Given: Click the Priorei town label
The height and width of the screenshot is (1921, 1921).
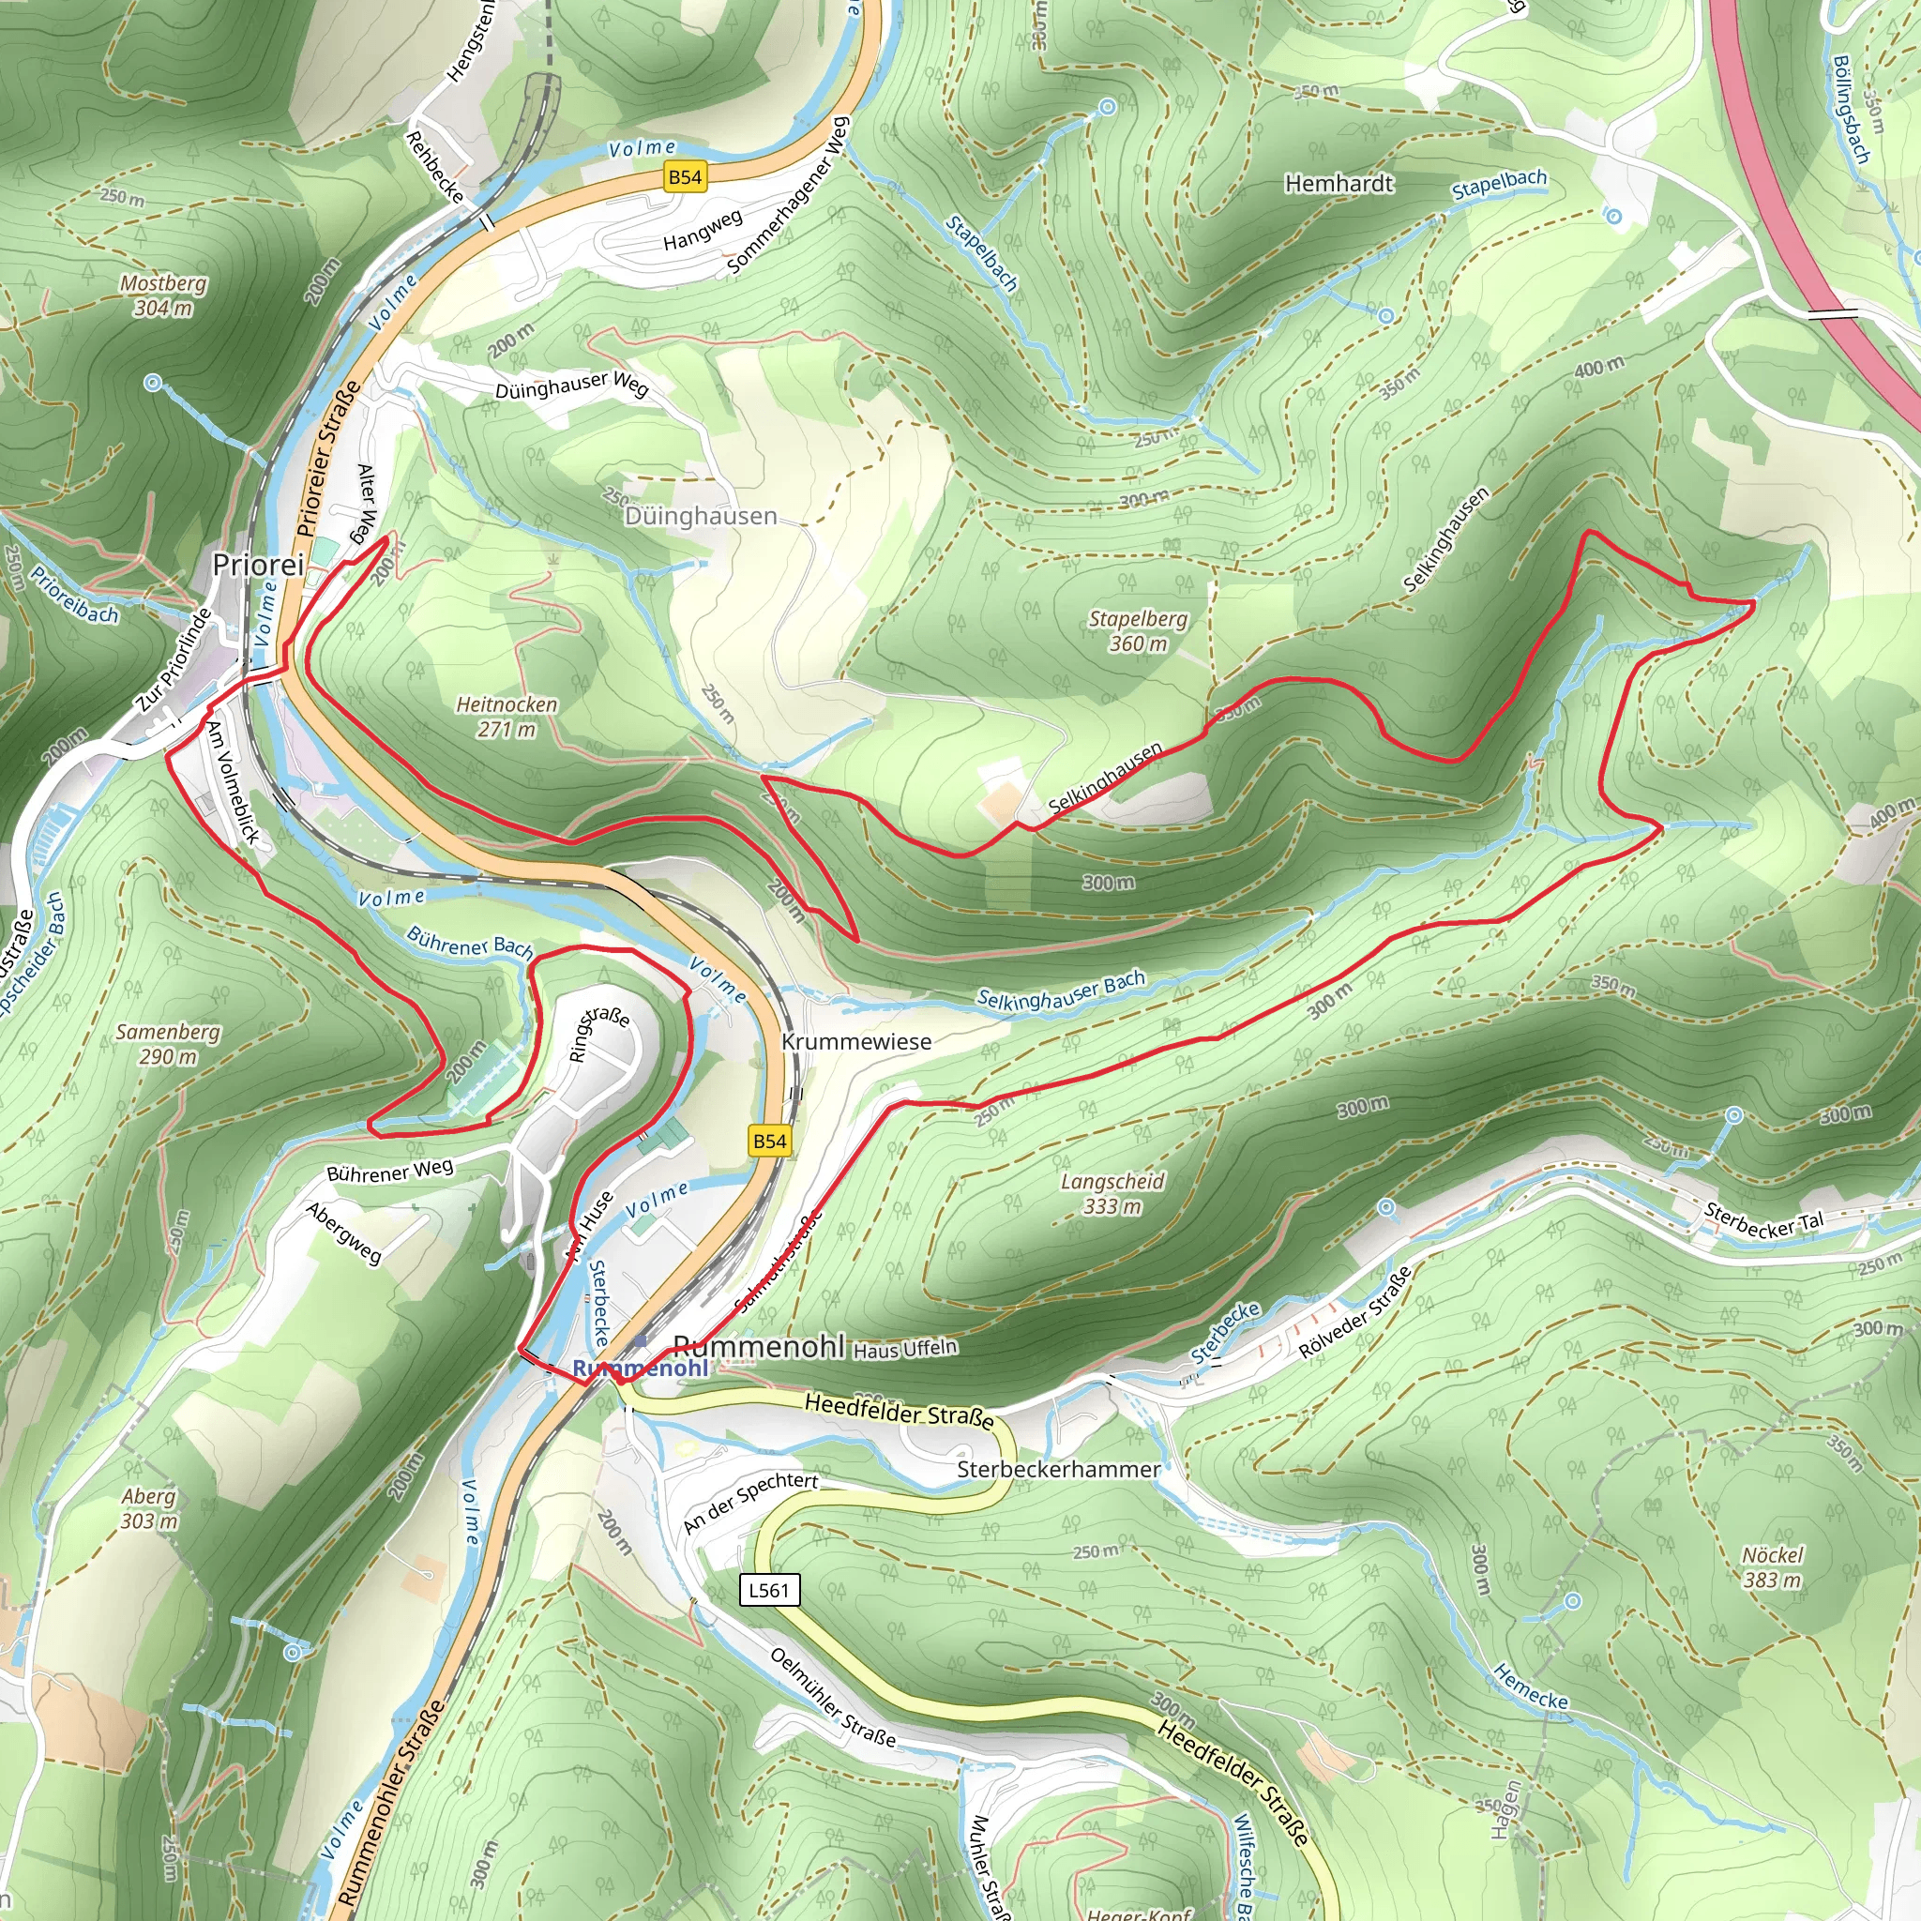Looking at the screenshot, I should click(x=258, y=565).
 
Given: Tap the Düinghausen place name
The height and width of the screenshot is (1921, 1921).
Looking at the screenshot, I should click(x=700, y=516).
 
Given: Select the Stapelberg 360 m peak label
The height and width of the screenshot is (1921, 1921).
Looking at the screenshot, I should click(x=1138, y=631).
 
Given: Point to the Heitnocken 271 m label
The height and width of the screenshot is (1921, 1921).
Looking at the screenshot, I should click(x=507, y=717).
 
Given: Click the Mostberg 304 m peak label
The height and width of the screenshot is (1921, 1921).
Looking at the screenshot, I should click(x=163, y=295).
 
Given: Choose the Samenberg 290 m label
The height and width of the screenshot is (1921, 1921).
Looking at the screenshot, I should click(x=167, y=1044).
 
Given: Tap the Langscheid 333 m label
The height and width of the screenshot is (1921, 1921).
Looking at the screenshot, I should click(x=1112, y=1194).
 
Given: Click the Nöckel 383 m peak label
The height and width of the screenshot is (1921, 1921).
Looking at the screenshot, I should click(x=1772, y=1567).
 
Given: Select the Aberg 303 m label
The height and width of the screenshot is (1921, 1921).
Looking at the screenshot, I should click(x=148, y=1508).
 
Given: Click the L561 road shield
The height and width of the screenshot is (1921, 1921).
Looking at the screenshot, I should click(x=768, y=1590).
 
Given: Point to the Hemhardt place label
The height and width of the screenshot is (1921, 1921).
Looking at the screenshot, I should click(x=1339, y=184).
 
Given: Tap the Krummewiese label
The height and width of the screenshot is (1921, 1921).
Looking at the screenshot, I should click(x=856, y=1042).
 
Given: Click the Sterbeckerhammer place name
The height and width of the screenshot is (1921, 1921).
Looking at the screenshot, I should click(x=1058, y=1470).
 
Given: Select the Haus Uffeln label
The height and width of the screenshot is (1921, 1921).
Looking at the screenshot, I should click(x=905, y=1349).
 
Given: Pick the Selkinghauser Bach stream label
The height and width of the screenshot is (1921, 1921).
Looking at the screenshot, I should click(x=1060, y=991).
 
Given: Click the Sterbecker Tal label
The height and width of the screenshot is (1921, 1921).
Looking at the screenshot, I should click(x=1764, y=1221).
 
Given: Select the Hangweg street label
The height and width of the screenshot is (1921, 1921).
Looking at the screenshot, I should click(x=702, y=230).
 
